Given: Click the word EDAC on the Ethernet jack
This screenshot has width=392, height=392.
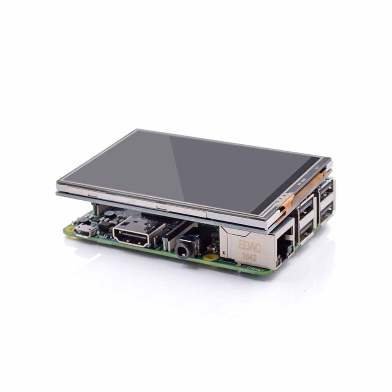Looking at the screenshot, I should pyautogui.click(x=250, y=246).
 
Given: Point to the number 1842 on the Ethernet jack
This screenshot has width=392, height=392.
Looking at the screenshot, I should pyautogui.click(x=249, y=257).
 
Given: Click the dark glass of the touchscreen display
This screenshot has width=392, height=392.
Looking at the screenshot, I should pyautogui.click(x=191, y=168).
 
